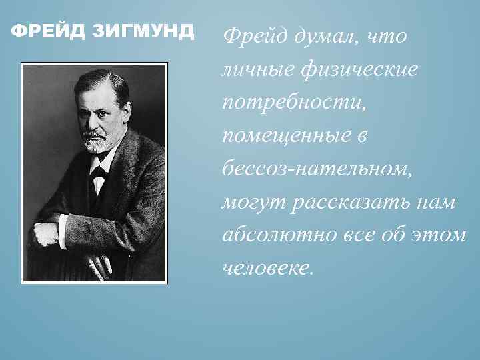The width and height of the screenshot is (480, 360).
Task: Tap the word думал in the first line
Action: coord(318,37)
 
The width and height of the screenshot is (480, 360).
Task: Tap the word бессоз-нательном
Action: coord(316,169)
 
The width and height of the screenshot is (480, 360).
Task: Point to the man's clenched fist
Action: coord(47,233)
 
